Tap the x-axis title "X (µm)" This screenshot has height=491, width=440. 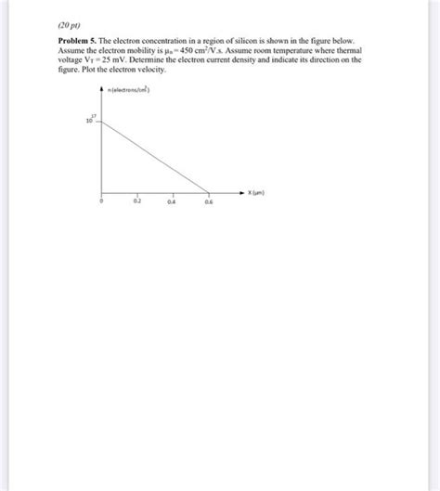259,194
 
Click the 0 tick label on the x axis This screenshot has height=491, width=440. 102,200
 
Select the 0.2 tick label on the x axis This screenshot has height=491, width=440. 137,200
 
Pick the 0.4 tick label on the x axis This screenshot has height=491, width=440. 173,200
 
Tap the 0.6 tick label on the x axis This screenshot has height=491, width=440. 208,200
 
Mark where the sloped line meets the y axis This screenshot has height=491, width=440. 102,122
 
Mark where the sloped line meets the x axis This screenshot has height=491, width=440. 208,193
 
